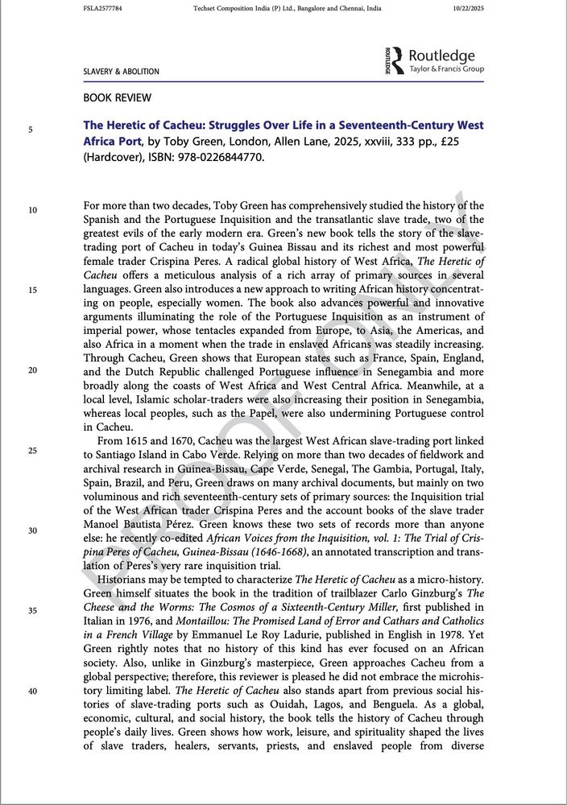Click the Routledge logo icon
coord(394,61)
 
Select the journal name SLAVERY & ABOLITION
coord(121,72)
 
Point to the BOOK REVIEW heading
coord(118,98)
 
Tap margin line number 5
coord(31,129)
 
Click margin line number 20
coord(32,370)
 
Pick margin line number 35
coord(32,611)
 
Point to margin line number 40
coord(32,691)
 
